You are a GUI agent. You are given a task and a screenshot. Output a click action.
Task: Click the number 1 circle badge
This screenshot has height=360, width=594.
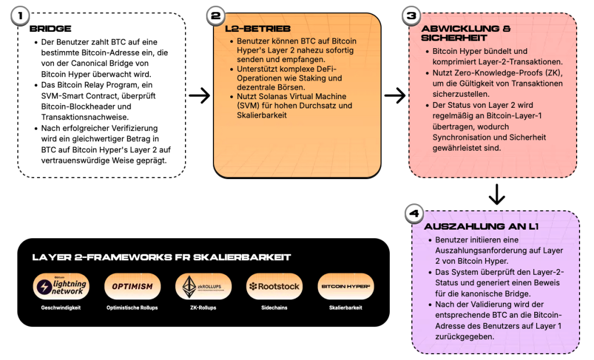point(20,16)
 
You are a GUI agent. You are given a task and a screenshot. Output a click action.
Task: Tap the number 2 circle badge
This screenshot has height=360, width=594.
point(216,16)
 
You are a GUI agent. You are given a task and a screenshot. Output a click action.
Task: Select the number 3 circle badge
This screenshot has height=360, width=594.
point(411,16)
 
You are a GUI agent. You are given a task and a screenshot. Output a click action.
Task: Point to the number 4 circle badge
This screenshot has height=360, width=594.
point(414,213)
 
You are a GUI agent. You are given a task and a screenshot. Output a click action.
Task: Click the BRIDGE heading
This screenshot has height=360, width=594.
point(50,29)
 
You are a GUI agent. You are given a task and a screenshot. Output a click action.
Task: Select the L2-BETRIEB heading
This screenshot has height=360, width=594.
point(258,29)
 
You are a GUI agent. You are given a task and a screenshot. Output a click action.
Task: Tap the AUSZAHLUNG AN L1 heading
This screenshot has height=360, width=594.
point(481,226)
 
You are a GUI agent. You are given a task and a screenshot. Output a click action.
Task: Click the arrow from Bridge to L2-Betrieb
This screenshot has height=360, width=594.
point(200,96)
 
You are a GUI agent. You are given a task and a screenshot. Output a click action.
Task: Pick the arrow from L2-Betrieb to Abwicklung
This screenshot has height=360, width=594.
point(394,96)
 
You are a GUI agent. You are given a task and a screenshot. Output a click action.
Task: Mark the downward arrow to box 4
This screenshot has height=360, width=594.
point(497,195)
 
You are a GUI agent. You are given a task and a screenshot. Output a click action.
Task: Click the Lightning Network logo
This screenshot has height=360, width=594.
point(61,286)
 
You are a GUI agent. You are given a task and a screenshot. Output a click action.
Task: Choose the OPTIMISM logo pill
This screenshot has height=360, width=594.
point(132,286)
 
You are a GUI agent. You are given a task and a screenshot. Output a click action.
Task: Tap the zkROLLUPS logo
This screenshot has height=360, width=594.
point(204,286)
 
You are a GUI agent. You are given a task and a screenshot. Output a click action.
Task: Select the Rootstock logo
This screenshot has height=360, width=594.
point(274,286)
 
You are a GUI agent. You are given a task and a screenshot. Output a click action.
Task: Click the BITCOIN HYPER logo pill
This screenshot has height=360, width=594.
point(346,286)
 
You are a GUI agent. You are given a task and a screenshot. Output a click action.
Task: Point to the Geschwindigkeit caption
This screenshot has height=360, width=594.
point(61,308)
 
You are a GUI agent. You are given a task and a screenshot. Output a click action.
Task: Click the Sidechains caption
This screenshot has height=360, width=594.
point(274,308)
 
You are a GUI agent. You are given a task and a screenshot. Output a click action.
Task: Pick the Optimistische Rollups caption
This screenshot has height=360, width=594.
point(132,308)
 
